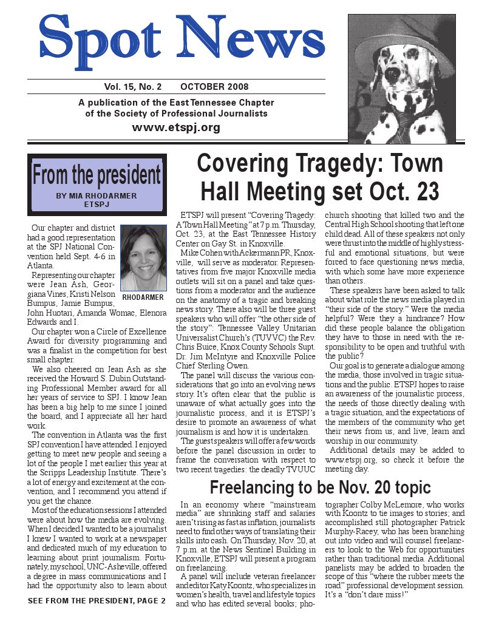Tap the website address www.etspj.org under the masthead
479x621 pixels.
[176, 127]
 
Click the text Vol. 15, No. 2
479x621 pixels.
[127, 87]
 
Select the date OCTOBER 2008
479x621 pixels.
[214, 87]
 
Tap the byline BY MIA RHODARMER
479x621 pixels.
[97, 196]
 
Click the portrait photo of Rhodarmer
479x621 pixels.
[143, 258]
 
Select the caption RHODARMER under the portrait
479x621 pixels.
[143, 299]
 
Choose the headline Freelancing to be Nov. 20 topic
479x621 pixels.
[320, 487]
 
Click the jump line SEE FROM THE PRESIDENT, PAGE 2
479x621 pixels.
[97, 602]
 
